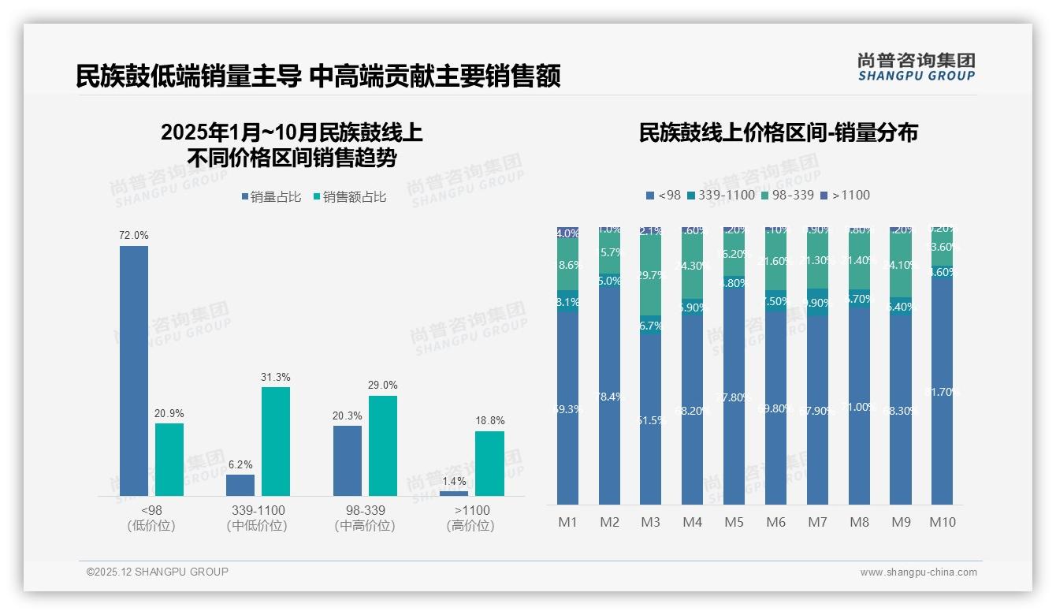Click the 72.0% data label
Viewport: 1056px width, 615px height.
(134, 236)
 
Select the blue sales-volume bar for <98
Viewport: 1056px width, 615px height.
(134, 371)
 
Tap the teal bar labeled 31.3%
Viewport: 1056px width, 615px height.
(276, 442)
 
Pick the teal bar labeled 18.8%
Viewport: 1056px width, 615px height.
(489, 464)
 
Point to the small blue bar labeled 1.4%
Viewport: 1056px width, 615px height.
(454, 494)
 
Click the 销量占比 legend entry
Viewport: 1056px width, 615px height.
(271, 197)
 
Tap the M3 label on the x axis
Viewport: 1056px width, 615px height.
(651, 522)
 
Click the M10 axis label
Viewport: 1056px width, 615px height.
(943, 522)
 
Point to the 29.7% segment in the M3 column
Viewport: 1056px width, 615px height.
(651, 276)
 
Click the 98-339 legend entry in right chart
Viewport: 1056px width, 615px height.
(787, 195)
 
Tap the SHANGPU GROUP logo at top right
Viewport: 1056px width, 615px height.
(916, 66)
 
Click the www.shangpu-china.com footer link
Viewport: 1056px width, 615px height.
(918, 572)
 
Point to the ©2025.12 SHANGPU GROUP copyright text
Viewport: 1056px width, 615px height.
(158, 572)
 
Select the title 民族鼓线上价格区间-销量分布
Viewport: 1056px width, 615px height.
(778, 132)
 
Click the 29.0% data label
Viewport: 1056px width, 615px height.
(383, 386)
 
